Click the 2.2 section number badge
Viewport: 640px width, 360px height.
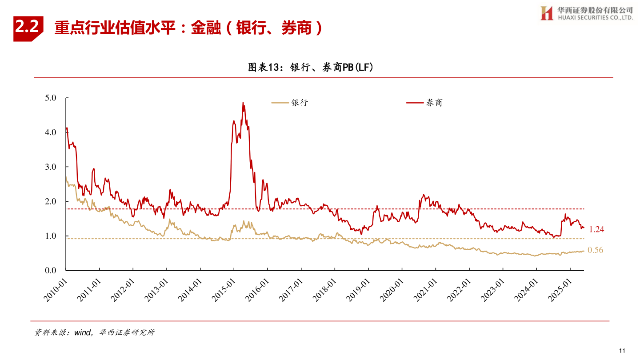tap(28, 28)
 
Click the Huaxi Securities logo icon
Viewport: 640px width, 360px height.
tap(546, 13)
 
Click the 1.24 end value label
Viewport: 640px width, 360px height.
tap(596, 230)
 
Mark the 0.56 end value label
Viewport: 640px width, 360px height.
tap(595, 250)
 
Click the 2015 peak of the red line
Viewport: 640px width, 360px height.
tap(243, 103)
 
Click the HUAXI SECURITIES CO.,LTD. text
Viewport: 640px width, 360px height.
tap(593, 18)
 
